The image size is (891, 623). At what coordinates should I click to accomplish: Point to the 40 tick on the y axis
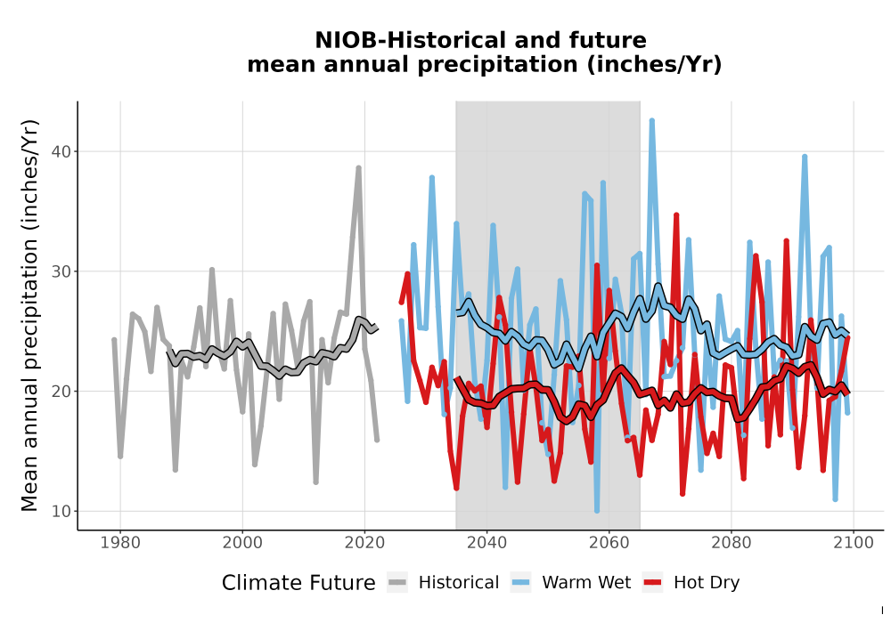[61, 152]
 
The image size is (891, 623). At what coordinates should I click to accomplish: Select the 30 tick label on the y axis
[61, 271]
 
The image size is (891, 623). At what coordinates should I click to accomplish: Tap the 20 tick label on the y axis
[61, 392]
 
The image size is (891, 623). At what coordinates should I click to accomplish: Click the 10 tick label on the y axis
[61, 511]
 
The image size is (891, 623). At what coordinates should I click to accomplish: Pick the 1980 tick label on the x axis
[120, 542]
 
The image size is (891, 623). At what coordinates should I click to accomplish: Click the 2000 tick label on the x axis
[242, 542]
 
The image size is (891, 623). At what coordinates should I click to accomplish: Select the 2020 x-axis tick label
[364, 542]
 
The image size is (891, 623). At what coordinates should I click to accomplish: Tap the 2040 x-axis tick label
[487, 542]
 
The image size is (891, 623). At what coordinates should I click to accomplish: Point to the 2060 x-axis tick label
[609, 542]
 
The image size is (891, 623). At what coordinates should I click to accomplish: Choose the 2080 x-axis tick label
[732, 542]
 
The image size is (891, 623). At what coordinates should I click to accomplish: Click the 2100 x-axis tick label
[854, 542]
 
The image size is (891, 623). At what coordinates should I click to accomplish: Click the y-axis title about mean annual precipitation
[29, 315]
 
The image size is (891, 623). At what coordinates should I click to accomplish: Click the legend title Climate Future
[298, 583]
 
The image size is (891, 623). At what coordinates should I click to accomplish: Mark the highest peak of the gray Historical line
[358, 167]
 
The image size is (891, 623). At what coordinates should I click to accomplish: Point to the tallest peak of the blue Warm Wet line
[652, 120]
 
